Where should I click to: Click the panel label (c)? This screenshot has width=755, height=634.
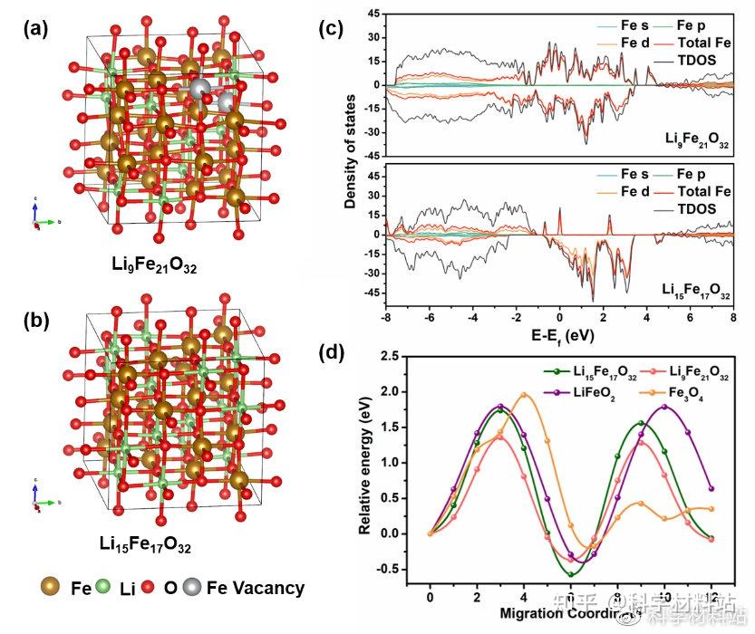pyautogui.click(x=334, y=29)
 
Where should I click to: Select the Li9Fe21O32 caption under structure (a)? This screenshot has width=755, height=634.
pyautogui.click(x=150, y=268)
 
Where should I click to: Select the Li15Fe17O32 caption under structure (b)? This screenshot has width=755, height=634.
pyautogui.click(x=146, y=543)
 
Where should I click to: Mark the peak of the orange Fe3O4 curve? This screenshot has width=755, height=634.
pyautogui.click(x=524, y=394)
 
